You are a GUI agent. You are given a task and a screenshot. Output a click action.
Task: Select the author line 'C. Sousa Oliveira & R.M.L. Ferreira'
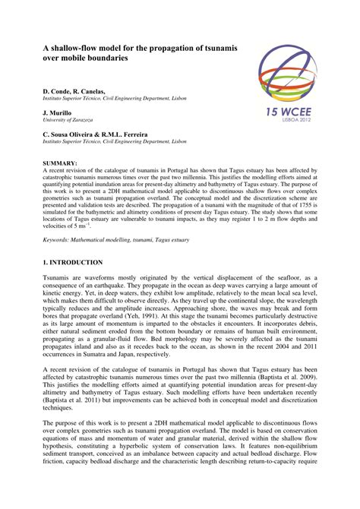tap(95, 133)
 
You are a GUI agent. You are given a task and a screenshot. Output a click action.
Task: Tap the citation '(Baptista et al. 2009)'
tap(289, 375)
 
